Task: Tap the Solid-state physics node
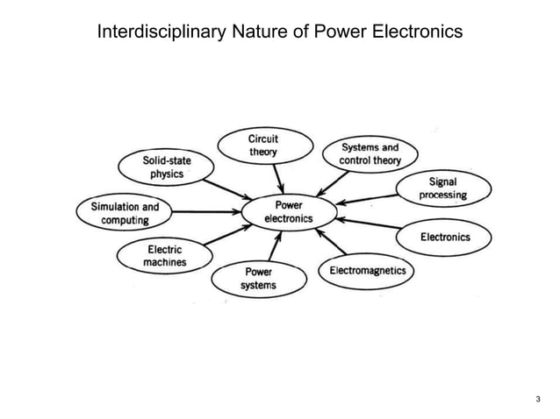(166, 167)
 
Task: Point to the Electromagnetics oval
(367, 271)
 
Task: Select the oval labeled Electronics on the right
(444, 238)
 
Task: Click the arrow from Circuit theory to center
(277, 178)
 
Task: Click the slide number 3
(537, 400)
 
